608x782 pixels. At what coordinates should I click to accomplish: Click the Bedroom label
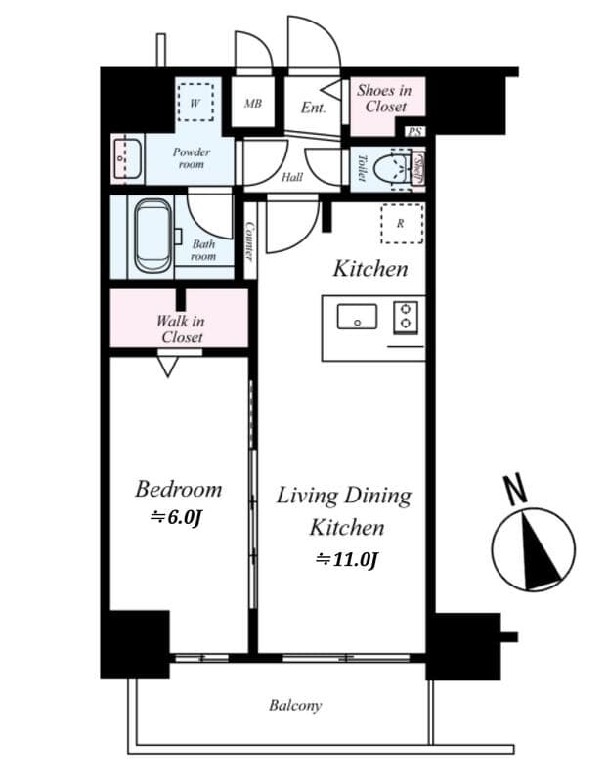178,489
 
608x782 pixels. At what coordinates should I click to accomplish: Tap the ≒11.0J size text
346,560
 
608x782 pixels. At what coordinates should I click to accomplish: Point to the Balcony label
295,705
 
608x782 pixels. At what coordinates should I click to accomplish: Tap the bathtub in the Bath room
152,236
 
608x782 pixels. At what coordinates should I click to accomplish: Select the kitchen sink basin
357,317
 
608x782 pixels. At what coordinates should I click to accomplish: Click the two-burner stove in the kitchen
405,317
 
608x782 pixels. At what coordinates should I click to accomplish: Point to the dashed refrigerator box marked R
401,224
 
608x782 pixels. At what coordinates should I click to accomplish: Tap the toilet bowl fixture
396,168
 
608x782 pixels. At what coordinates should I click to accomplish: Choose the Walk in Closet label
182,328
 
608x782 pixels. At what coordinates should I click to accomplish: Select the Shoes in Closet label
384,98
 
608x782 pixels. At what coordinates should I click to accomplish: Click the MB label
252,103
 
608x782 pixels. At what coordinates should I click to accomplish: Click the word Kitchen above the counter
370,268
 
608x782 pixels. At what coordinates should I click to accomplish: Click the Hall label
291,178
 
